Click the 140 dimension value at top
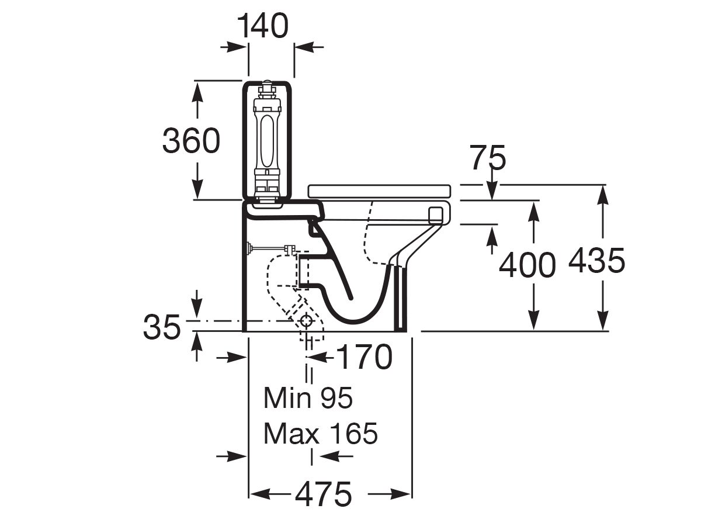(x=263, y=26)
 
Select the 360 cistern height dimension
(x=191, y=141)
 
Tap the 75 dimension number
(x=488, y=158)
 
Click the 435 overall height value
(x=596, y=261)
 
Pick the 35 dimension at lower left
(x=161, y=328)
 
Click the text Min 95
(x=308, y=399)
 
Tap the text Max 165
(x=320, y=434)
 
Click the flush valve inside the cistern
(x=267, y=140)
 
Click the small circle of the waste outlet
(x=307, y=321)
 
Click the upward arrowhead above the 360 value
(x=198, y=89)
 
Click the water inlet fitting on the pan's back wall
(x=251, y=249)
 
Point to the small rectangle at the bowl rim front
(x=435, y=214)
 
